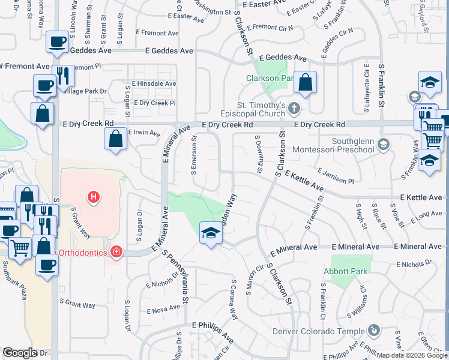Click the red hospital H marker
click(93, 196)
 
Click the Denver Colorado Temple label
click(318, 331)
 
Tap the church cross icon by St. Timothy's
click(294, 109)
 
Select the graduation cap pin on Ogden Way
click(211, 233)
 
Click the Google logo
click(20, 353)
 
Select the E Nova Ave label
click(163, 309)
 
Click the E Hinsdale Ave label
click(154, 84)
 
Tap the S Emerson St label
click(194, 155)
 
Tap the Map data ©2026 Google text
click(412, 355)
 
